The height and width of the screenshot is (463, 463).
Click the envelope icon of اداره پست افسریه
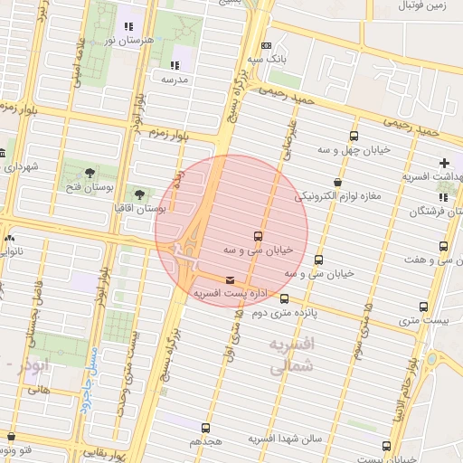tap(230, 280)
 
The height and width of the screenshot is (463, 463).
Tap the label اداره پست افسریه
tap(224, 294)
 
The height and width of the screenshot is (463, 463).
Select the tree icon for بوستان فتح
tap(90, 173)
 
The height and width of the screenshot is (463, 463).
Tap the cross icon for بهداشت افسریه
tap(443, 163)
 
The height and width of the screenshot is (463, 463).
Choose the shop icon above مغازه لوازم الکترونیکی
tap(337, 182)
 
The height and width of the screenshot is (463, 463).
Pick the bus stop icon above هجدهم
tap(205, 428)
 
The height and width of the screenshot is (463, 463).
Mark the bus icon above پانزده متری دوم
tap(285, 299)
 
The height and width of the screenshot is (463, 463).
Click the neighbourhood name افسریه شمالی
tap(291, 355)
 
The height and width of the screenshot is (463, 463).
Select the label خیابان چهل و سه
tap(353, 149)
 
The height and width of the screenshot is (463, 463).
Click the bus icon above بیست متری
tap(424, 307)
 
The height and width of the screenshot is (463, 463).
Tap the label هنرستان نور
tap(123, 41)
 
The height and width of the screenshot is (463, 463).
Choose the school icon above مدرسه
tap(174, 65)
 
